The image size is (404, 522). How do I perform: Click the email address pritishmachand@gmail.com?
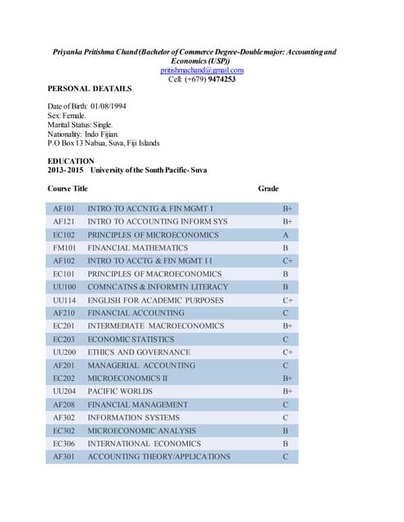[202, 70]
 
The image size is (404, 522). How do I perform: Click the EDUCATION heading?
[71, 161]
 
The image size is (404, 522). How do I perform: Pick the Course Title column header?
[68, 188]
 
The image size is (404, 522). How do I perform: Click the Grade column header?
[269, 188]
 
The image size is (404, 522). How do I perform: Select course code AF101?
[64, 209]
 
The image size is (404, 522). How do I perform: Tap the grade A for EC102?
[286, 235]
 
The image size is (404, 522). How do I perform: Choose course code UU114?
[64, 300]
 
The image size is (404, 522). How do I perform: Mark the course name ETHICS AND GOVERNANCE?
[140, 352]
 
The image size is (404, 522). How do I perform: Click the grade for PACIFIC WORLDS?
[286, 391]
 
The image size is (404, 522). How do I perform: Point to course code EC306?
[64, 444]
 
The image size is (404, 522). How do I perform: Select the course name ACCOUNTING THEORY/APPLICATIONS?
[158, 457]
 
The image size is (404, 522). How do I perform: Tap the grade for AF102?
[286, 261]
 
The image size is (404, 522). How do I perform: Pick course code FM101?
[64, 248]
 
